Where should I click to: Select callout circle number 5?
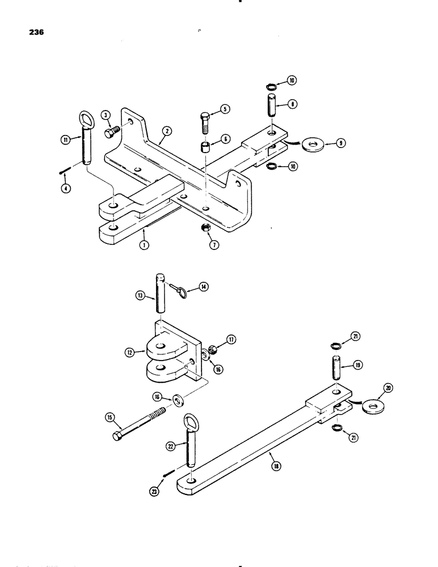pos(224,110)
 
